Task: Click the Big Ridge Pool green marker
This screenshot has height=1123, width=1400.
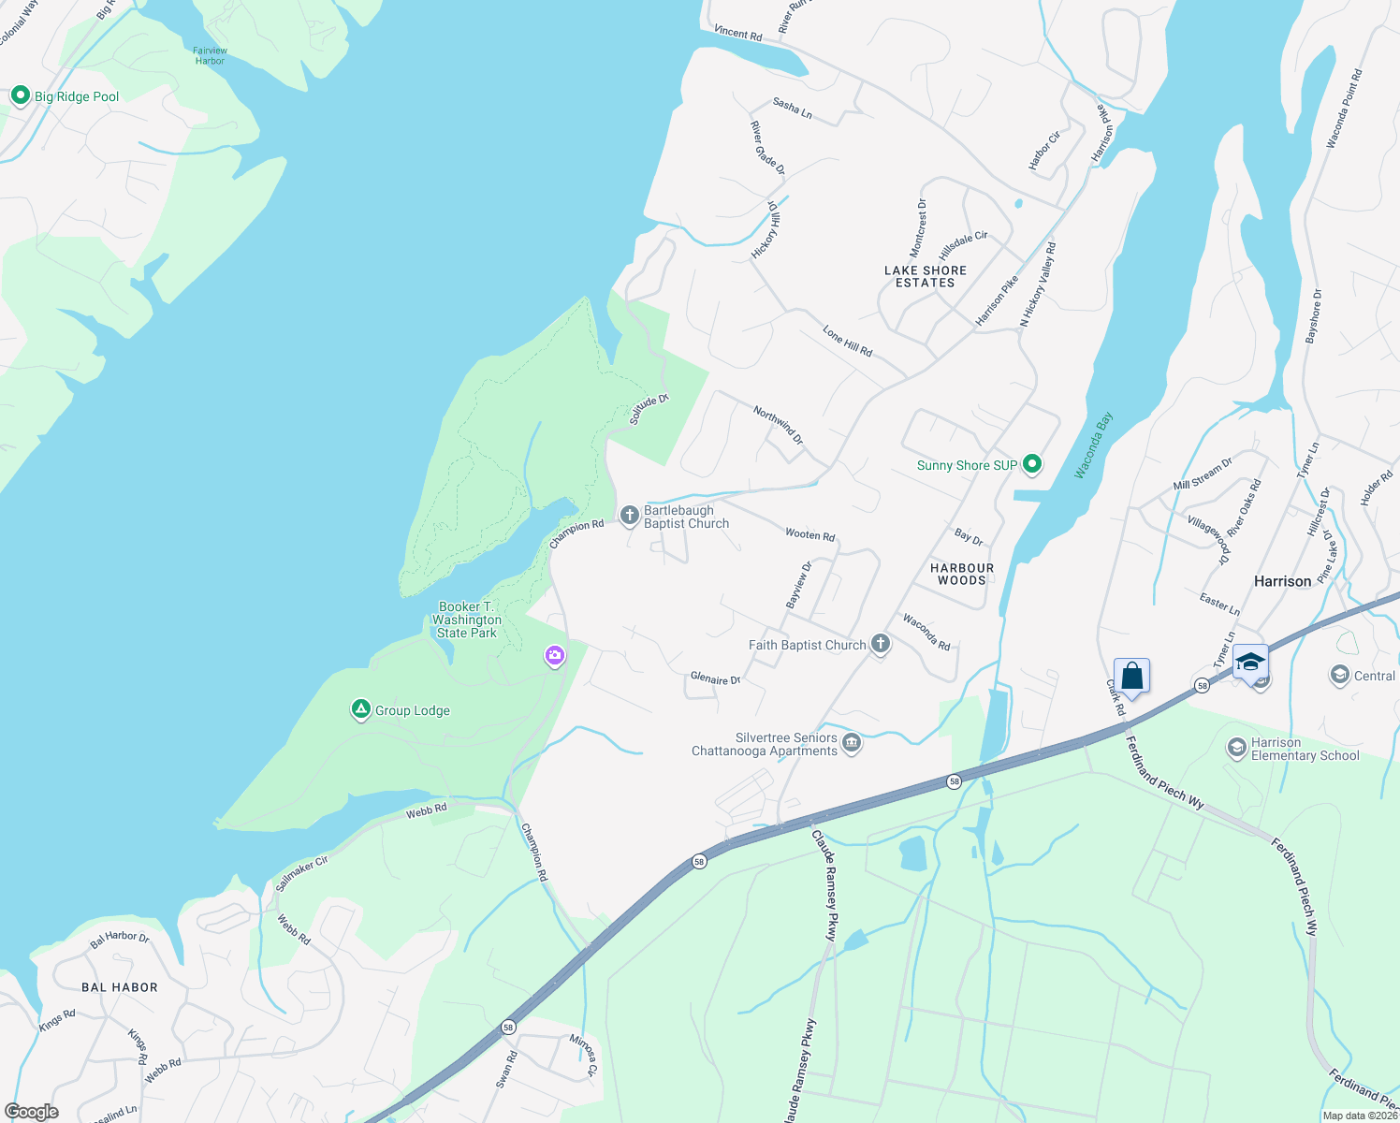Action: (x=20, y=95)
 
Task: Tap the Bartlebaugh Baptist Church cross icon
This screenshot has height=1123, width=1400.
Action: (x=630, y=515)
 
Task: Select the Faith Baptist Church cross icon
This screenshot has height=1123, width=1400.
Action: (x=880, y=643)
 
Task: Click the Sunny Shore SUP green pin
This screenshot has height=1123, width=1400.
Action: (x=1032, y=464)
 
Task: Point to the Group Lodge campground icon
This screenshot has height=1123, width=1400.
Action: (x=361, y=709)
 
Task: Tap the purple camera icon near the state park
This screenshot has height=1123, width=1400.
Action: (x=555, y=655)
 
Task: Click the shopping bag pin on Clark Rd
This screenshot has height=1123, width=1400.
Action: (x=1131, y=676)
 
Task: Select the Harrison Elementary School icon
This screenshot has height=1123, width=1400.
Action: (x=1237, y=748)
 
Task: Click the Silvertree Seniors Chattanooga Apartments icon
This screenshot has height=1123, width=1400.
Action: (x=852, y=743)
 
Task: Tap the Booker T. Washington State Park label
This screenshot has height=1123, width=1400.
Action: (x=467, y=620)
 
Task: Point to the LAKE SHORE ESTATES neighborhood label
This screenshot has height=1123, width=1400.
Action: (x=925, y=276)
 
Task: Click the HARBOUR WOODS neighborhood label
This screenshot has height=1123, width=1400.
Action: (x=961, y=574)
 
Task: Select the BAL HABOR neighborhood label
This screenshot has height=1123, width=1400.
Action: (x=120, y=987)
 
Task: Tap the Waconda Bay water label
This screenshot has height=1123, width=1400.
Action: (x=1093, y=445)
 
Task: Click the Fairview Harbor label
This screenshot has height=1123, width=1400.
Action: (x=211, y=56)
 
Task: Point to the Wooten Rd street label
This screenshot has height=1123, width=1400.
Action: (x=809, y=535)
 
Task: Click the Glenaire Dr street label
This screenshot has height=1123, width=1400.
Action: (x=715, y=678)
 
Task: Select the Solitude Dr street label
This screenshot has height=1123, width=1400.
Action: (x=649, y=410)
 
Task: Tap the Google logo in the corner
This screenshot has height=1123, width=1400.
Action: (x=32, y=1112)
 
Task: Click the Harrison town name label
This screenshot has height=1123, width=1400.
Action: (x=1282, y=581)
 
